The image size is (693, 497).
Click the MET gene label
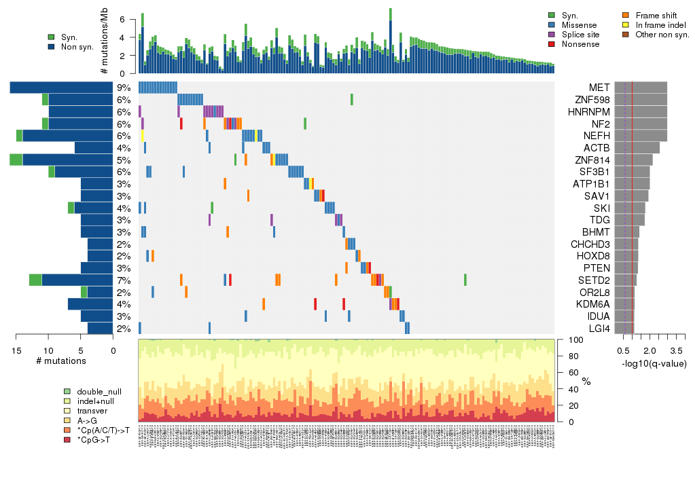(x=599, y=88)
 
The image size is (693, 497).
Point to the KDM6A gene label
(x=594, y=304)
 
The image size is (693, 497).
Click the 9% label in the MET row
(x=123, y=88)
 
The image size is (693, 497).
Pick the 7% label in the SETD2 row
(x=123, y=280)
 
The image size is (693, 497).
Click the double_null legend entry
(x=99, y=392)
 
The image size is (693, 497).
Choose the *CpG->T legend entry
(x=95, y=440)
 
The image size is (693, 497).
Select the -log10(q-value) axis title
(x=654, y=364)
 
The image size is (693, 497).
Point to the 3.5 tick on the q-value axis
(x=676, y=350)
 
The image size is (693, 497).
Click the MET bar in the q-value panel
(x=640, y=88)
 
